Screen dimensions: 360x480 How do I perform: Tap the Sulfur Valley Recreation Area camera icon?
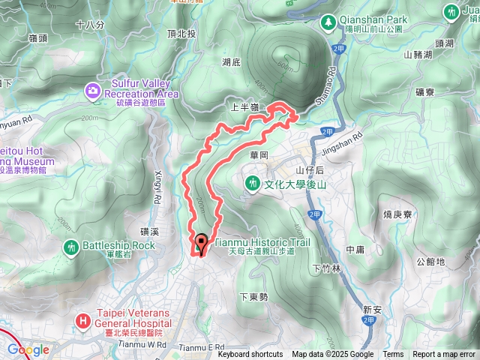(93, 91)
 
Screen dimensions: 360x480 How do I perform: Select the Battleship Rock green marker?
(71, 246)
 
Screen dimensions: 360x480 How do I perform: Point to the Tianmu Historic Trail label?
(262, 242)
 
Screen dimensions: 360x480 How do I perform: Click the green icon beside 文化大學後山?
(253, 182)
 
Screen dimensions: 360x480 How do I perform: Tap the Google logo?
(28, 349)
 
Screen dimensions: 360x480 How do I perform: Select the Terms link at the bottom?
(393, 355)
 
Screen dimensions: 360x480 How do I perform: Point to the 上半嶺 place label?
(244, 107)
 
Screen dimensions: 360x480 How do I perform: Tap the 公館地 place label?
(431, 262)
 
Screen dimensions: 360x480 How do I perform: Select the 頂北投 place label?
(181, 34)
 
